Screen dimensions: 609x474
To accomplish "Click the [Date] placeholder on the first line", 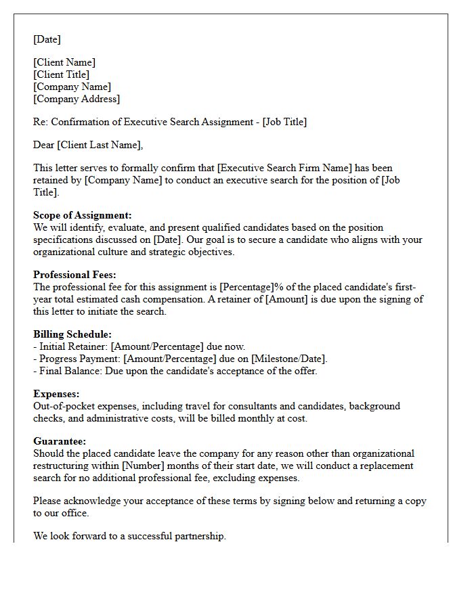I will coord(47,39).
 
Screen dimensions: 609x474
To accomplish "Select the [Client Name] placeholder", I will coord(64,62).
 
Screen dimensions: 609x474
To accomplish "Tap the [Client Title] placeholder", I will coord(61,74).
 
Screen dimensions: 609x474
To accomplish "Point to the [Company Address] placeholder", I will coord(77,99).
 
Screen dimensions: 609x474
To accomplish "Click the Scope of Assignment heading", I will coord(83,215).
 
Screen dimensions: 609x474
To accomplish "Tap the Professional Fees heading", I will coord(74,275).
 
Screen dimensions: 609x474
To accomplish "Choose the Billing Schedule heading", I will coord(72,334).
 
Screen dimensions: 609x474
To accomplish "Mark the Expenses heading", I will coord(56,394).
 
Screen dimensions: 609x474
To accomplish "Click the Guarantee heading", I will coord(60,441).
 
